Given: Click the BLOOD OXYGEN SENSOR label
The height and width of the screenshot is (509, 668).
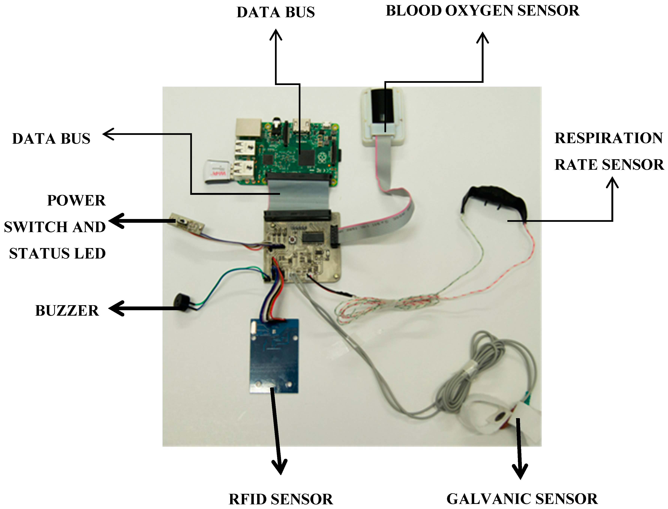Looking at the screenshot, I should [x=482, y=11].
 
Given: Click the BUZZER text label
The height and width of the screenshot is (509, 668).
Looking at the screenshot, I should [x=67, y=311].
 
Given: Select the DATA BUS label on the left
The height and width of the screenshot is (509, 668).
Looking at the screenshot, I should [x=51, y=139].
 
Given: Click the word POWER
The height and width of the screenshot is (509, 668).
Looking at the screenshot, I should [x=76, y=201].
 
